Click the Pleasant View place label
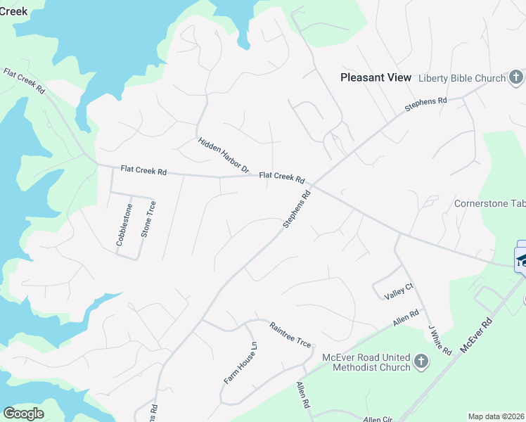376,77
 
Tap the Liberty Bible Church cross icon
515,77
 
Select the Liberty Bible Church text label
462,78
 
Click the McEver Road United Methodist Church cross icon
421,362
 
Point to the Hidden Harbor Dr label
224,155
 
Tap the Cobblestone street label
124,224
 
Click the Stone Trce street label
148,219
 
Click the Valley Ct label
399,290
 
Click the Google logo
23,414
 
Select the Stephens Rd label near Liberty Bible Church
425,105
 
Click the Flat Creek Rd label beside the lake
24,82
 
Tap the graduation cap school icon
521,259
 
